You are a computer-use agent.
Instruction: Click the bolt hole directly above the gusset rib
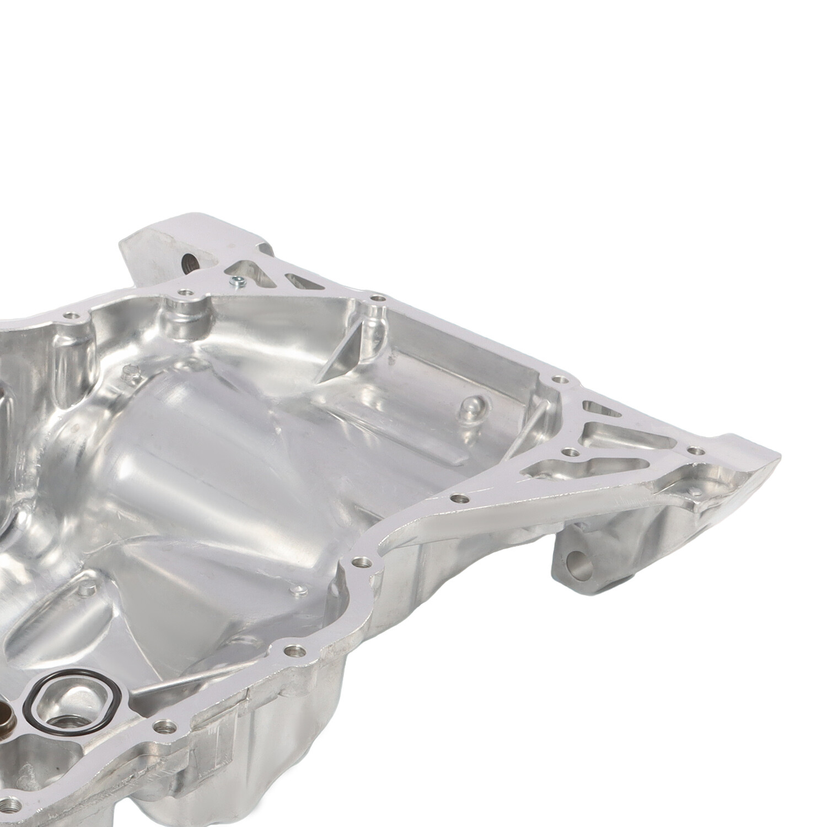pyautogui.click(x=377, y=298)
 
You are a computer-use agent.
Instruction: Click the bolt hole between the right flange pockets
pyautogui.click(x=571, y=452)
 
